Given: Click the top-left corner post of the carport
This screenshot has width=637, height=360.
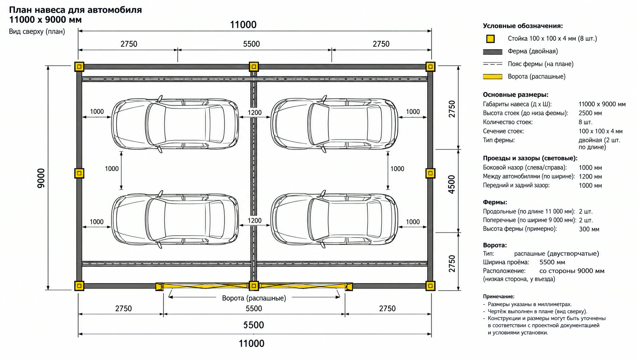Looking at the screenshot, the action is coord(79,67).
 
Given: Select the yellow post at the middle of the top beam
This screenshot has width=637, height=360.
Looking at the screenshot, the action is coord(254,67).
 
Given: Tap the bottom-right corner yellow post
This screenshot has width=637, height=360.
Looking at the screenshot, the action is coord(430,286).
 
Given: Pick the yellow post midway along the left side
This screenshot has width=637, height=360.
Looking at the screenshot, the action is coord(79,173).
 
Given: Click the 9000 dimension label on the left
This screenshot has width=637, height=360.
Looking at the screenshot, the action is coord(41,178).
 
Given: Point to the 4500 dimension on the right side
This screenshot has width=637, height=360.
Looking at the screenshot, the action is coord(451,185).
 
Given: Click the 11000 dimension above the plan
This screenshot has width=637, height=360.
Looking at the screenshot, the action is coord(243,25).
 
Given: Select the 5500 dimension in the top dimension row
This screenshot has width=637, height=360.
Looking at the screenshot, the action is coord(251,44).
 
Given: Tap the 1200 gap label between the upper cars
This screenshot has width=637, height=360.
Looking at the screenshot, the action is coord(254,113).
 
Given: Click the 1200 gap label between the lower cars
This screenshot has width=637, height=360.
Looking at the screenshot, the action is coord(254,220).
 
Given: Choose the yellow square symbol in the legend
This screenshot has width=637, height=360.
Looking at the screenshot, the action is coord(490,39).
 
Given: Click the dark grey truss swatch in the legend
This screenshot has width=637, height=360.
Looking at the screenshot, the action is coord(492,52).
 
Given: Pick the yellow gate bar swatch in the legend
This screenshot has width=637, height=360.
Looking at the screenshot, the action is coord(492,76).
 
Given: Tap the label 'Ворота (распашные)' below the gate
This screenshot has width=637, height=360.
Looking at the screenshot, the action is coord(254,298).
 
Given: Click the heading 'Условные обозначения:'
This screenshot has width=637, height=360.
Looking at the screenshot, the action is coord(523,26).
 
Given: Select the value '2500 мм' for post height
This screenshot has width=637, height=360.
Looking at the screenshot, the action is coord(590,113).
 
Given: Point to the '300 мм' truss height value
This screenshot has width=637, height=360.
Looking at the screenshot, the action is coord(589,229).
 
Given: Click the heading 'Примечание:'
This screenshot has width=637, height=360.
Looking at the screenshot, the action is coord(498,296).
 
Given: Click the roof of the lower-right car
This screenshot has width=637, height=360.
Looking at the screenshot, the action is coord(347,219).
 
